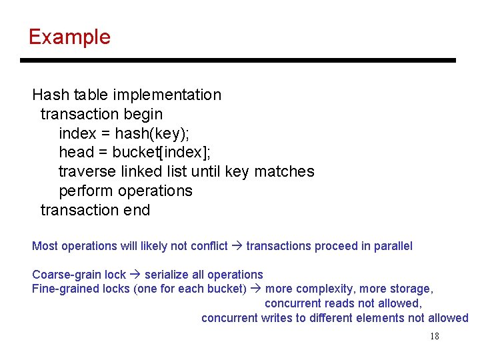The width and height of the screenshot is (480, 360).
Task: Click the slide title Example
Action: click(69, 37)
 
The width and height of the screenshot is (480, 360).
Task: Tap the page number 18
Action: click(435, 337)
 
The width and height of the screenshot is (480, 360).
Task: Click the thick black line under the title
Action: click(238, 60)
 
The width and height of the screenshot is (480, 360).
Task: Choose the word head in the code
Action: click(74, 152)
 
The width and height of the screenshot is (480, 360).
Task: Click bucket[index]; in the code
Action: click(161, 152)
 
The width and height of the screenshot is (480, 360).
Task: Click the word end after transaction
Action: click(137, 210)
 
